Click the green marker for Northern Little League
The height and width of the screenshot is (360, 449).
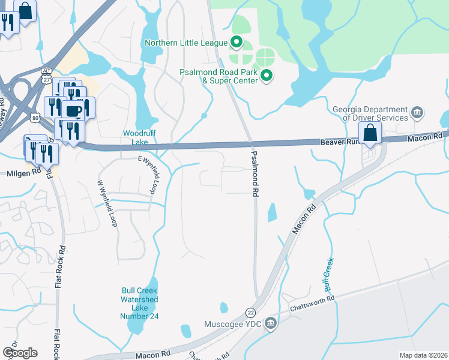237,43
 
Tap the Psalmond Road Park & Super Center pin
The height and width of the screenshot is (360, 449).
267,76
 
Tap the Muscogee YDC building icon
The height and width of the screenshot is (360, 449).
271,324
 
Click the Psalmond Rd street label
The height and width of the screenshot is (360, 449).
255,174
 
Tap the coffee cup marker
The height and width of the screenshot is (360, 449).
74,111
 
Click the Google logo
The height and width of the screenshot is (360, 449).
20,352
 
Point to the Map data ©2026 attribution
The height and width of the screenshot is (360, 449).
423,355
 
